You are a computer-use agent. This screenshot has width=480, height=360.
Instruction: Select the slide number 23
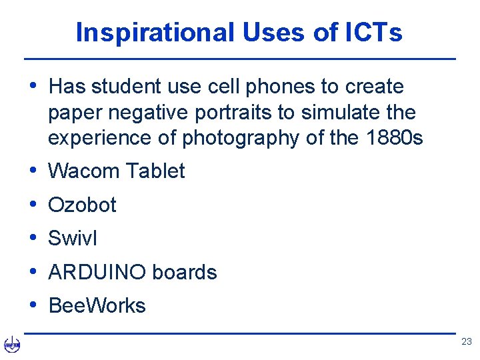coord(466,341)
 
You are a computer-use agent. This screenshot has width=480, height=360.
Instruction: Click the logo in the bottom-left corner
coord(12,345)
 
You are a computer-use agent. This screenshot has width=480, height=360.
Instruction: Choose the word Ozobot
coord(82,205)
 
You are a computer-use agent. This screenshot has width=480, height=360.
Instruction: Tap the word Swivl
coord(73,238)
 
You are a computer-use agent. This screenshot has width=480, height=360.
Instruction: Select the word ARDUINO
coord(97,273)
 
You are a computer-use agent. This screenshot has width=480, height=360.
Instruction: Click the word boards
coord(185,273)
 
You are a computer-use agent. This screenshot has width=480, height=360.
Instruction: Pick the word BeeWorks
coord(97,306)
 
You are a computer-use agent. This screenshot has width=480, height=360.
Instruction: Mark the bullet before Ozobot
coord(33,204)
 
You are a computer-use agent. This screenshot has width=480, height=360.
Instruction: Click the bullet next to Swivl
coord(33,237)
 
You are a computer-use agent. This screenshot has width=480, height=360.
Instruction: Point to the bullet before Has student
coord(33,86)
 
